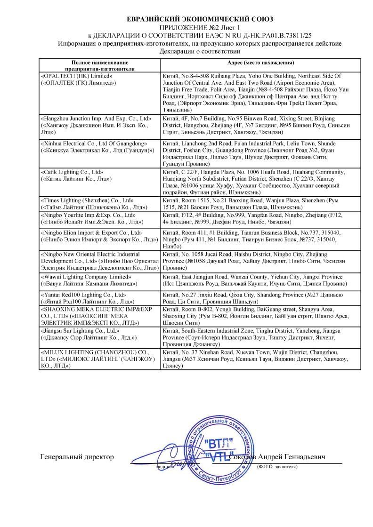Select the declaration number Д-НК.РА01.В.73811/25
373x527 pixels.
(277, 35)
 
